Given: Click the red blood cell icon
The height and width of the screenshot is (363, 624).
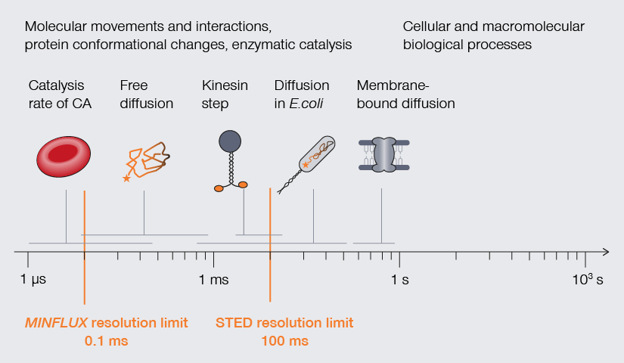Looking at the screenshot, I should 64,156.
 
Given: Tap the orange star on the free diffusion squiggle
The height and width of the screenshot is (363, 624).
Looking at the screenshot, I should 126,178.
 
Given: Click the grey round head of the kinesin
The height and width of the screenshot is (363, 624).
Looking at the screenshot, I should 230,141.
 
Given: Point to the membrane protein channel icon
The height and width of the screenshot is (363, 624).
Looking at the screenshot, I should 381,156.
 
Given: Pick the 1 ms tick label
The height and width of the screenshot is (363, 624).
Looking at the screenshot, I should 213,281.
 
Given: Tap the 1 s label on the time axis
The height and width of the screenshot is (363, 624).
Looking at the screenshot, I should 399,281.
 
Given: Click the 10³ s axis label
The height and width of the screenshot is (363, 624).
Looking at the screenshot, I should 587,280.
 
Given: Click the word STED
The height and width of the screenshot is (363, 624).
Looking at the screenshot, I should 234,323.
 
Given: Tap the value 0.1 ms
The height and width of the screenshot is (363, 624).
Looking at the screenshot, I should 107,340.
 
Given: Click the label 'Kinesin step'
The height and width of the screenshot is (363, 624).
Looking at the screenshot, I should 225,94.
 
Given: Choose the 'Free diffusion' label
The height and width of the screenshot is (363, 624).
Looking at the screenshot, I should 146,94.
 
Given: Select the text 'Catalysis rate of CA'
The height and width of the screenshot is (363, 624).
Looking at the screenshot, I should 60,94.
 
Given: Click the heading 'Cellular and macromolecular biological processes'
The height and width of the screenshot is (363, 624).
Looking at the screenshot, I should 493,35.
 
